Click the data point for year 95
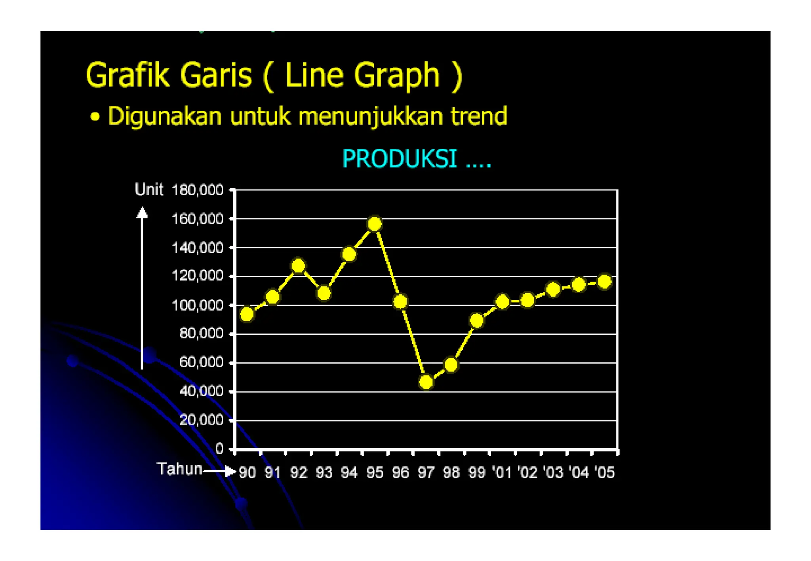click(x=375, y=224)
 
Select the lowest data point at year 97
click(x=426, y=382)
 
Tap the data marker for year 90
click(x=247, y=314)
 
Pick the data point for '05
click(x=604, y=282)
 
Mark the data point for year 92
click(x=299, y=265)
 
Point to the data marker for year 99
click(x=477, y=320)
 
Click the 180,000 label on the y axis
click(x=198, y=190)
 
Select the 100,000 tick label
click(x=198, y=305)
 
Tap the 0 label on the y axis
click(x=219, y=449)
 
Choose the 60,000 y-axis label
click(x=201, y=362)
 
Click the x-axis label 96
click(x=400, y=472)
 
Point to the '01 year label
click(x=502, y=472)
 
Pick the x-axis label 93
click(x=324, y=472)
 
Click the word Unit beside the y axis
click(x=149, y=190)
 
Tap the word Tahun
click(x=179, y=469)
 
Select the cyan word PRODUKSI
click(x=400, y=159)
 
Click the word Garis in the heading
click(x=216, y=75)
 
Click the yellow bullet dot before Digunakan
click(x=95, y=117)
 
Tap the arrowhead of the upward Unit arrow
click(x=142, y=213)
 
